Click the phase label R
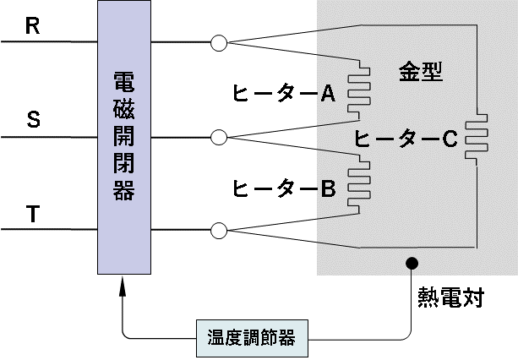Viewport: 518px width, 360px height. coord(33,25)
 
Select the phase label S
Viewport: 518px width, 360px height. coord(34,119)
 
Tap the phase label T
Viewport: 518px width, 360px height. coord(33,215)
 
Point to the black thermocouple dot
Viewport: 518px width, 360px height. coord(412,263)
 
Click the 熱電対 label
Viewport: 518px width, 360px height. coord(450,297)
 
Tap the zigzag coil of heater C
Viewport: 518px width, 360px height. coord(477,137)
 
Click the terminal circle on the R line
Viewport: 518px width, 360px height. coord(219,42)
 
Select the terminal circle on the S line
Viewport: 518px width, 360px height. coord(219,136)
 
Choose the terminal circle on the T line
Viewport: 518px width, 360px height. coord(219,230)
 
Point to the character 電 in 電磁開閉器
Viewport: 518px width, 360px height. coord(124,82)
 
